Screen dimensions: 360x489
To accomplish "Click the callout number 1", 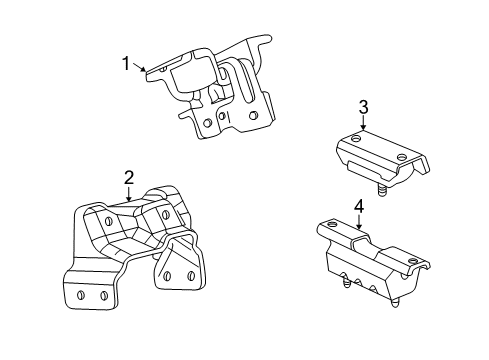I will (x=126, y=64).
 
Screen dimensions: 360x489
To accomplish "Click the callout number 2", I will (x=129, y=178).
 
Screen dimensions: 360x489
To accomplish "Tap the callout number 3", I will (x=364, y=108).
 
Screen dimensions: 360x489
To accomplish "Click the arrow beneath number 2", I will (x=131, y=195).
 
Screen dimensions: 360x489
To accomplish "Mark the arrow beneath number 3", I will (x=364, y=125).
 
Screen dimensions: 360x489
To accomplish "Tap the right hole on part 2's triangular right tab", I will (x=188, y=274).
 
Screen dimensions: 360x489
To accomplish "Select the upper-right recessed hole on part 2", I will (x=160, y=212).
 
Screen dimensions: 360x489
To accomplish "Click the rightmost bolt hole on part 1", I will (x=252, y=117).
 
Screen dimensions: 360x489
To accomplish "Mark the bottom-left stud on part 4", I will (x=344, y=283).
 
